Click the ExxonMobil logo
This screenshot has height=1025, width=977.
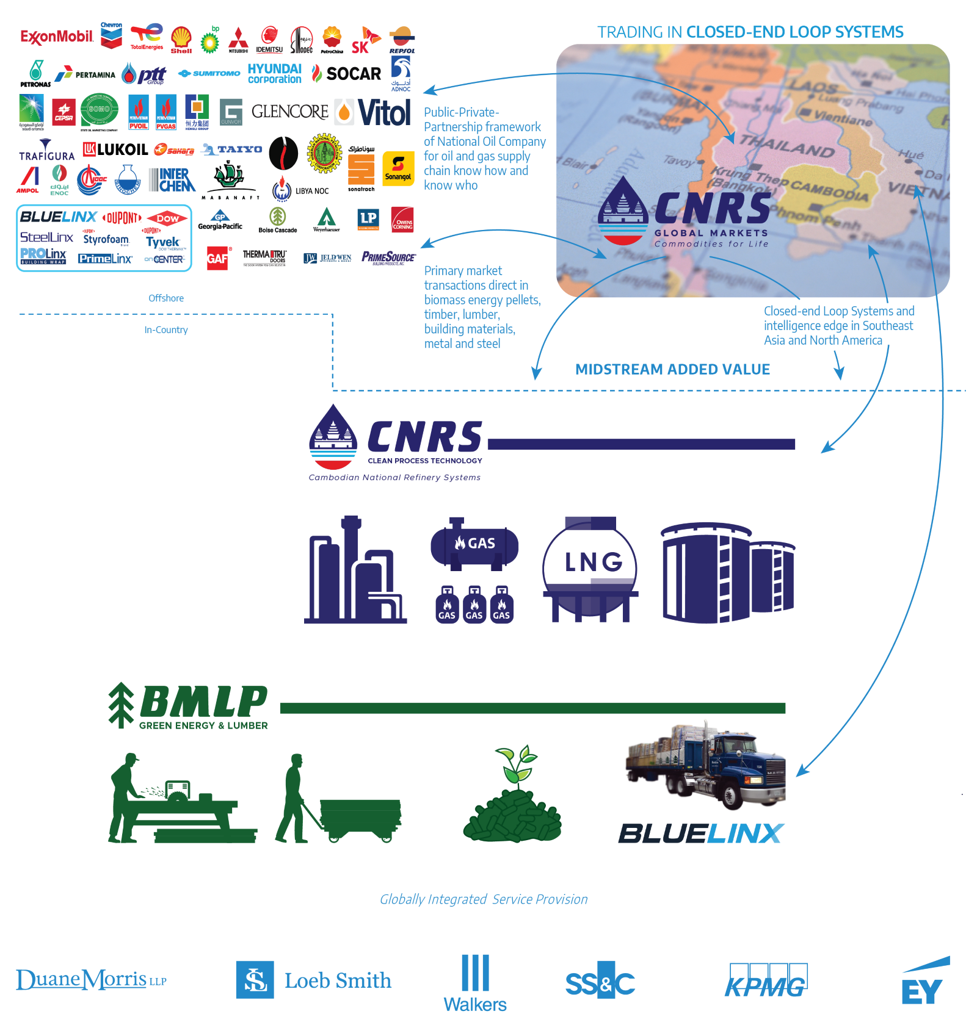56,37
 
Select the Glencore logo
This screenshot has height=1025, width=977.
290,112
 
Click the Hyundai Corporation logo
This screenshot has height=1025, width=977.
274,74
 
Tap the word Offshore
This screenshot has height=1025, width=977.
166,298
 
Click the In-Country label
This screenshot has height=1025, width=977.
166,329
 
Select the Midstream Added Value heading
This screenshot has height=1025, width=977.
672,369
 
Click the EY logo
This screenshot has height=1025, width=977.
924,982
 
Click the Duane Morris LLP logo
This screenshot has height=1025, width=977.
91,980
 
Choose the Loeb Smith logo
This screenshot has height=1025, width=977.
314,980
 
